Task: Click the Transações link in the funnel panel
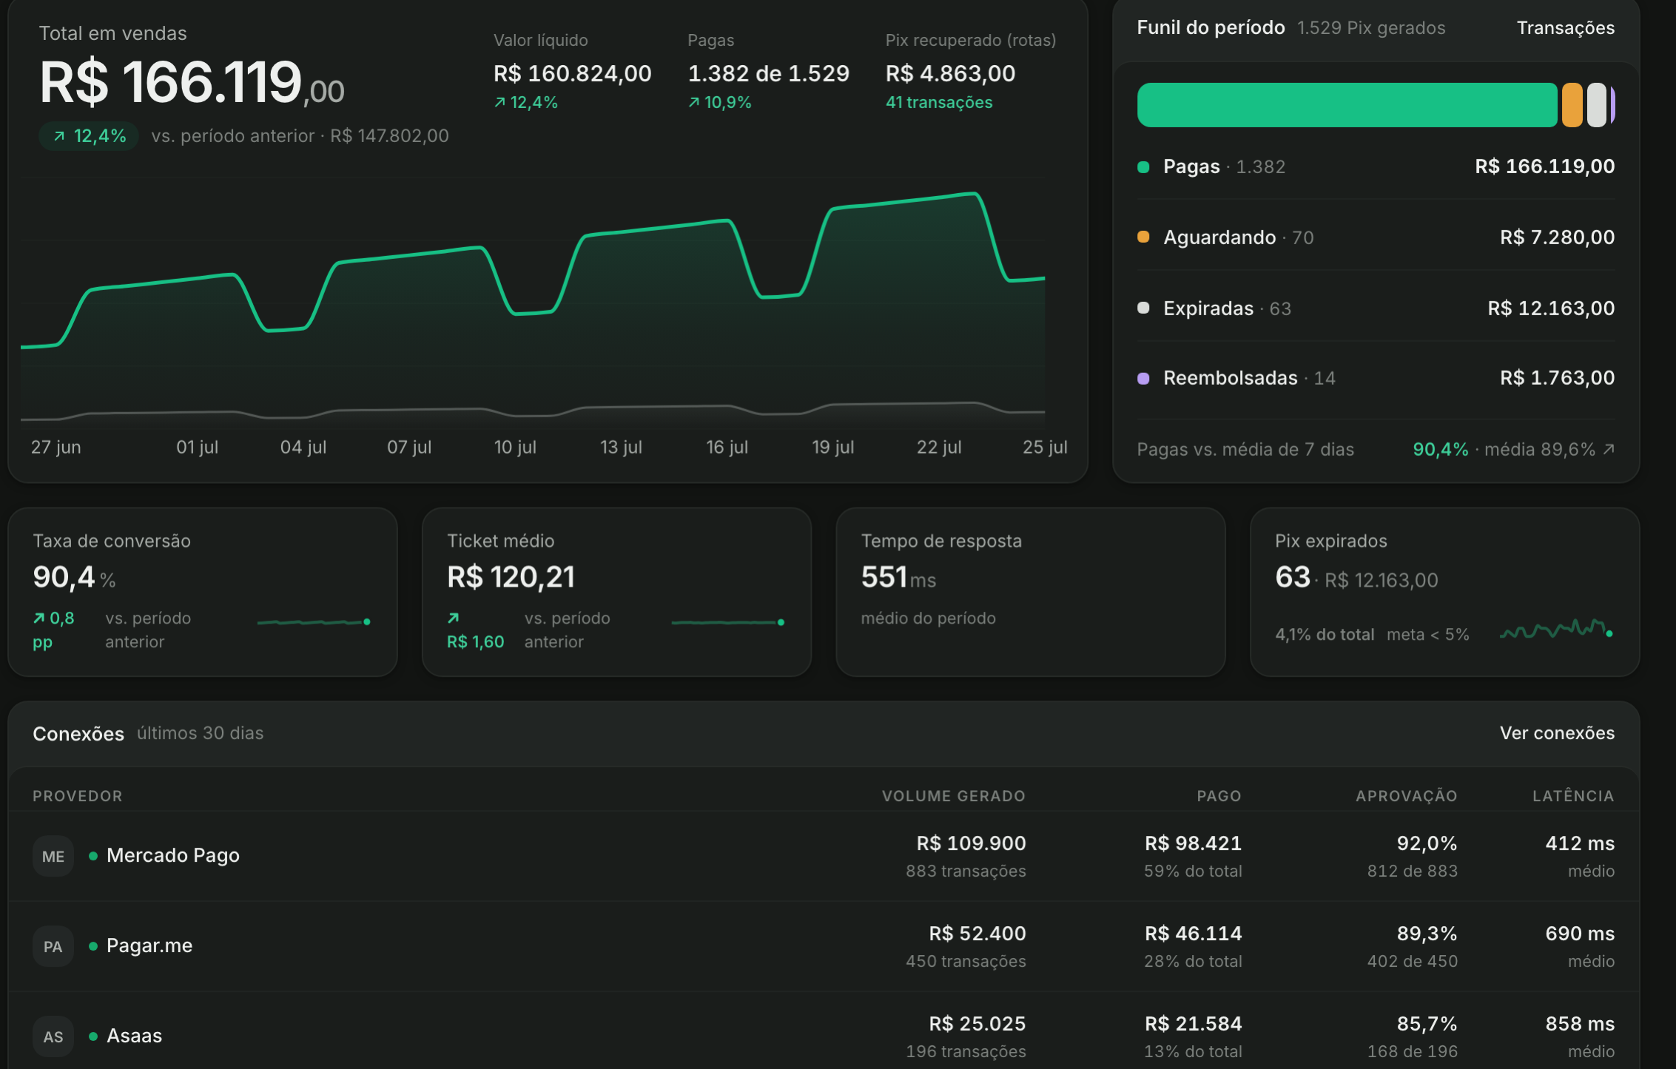(x=1565, y=28)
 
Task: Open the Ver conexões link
(x=1557, y=733)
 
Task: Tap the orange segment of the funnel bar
(x=1572, y=105)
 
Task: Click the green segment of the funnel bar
(x=1347, y=105)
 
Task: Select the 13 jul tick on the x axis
(x=621, y=447)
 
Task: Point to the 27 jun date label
(x=56, y=447)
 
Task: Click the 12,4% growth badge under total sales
(x=89, y=136)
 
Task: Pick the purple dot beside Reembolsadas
(x=1143, y=378)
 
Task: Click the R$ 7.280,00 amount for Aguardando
(x=1557, y=237)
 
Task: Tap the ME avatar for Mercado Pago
(x=53, y=856)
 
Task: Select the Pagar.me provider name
(x=149, y=945)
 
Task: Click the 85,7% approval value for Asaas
(x=1427, y=1024)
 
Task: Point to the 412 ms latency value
(x=1580, y=843)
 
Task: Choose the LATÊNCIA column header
(x=1573, y=796)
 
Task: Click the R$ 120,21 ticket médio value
(x=511, y=577)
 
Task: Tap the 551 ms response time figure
(x=898, y=578)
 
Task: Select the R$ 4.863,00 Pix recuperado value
(x=950, y=73)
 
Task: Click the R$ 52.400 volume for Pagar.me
(x=977, y=934)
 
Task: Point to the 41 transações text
(x=939, y=103)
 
